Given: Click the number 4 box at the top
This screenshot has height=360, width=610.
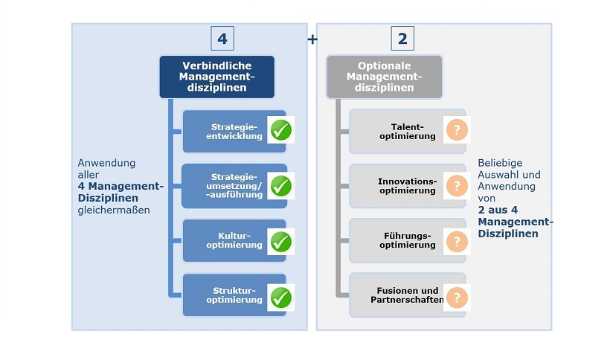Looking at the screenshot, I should [x=222, y=38].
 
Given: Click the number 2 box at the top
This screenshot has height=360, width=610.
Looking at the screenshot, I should [x=402, y=38].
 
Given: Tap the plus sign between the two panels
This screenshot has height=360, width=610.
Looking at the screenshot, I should [x=312, y=39].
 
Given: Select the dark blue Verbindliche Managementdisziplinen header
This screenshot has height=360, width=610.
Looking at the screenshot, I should [x=216, y=77].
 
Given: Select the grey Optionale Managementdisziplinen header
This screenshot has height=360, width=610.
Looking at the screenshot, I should [x=384, y=77].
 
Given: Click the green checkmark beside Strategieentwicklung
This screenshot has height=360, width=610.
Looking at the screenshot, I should [x=280, y=130].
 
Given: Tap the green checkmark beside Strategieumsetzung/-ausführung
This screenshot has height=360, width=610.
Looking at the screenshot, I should [x=280, y=185].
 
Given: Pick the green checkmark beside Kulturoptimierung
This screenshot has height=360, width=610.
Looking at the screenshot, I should [x=280, y=241].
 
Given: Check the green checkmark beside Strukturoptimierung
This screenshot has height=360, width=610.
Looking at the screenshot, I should [x=280, y=297].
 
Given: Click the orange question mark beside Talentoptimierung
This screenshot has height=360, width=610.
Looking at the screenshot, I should [x=457, y=130].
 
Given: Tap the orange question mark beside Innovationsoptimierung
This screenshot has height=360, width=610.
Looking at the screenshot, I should [x=457, y=185].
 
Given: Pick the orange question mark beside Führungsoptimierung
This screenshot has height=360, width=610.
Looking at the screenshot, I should [x=457, y=241].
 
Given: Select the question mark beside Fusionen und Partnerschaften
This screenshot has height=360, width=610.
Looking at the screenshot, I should [x=457, y=298].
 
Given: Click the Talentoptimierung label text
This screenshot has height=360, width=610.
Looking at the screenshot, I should [x=407, y=131].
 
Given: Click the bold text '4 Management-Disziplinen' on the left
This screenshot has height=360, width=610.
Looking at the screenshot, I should [x=119, y=191].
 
